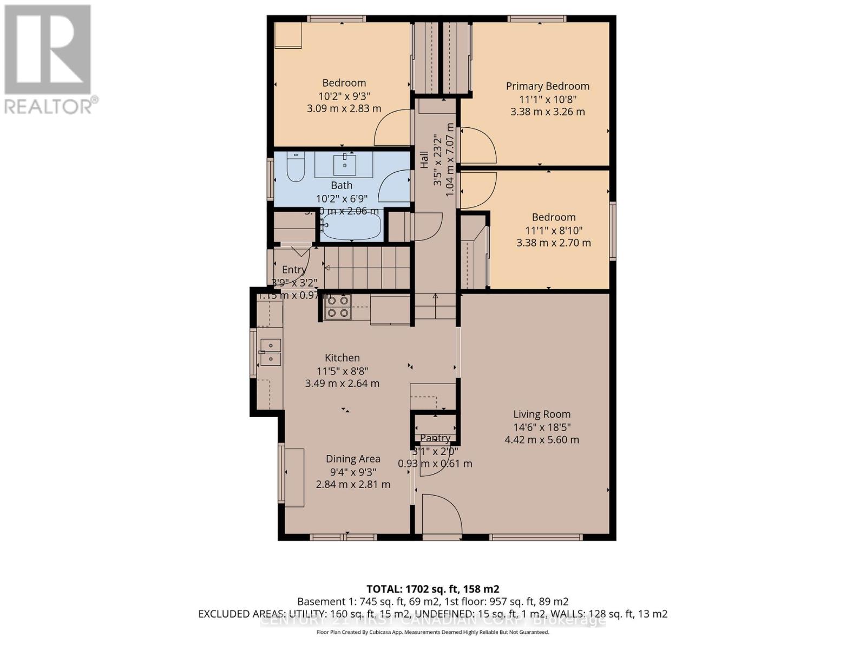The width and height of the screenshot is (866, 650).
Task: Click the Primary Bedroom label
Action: click(547, 86)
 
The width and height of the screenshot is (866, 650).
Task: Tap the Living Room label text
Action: click(542, 414)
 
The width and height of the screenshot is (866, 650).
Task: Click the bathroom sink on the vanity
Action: click(344, 162)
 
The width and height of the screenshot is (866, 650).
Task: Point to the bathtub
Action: click(351, 227)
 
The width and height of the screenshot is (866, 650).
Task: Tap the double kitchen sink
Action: click(270, 352)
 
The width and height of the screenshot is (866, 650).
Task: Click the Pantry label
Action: click(435, 438)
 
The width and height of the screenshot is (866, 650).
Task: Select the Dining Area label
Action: click(353, 459)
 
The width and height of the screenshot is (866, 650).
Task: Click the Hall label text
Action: click(424, 160)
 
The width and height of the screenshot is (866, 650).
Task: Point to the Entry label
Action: click(294, 270)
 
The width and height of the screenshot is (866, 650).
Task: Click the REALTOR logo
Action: click(49, 60)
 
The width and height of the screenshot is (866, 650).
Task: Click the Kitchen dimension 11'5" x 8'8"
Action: click(342, 371)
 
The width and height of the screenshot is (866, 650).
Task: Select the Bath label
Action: click(342, 186)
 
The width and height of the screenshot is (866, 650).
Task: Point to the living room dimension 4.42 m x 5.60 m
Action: click(542, 440)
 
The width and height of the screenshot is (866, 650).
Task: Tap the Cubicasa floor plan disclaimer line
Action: click(432, 632)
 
